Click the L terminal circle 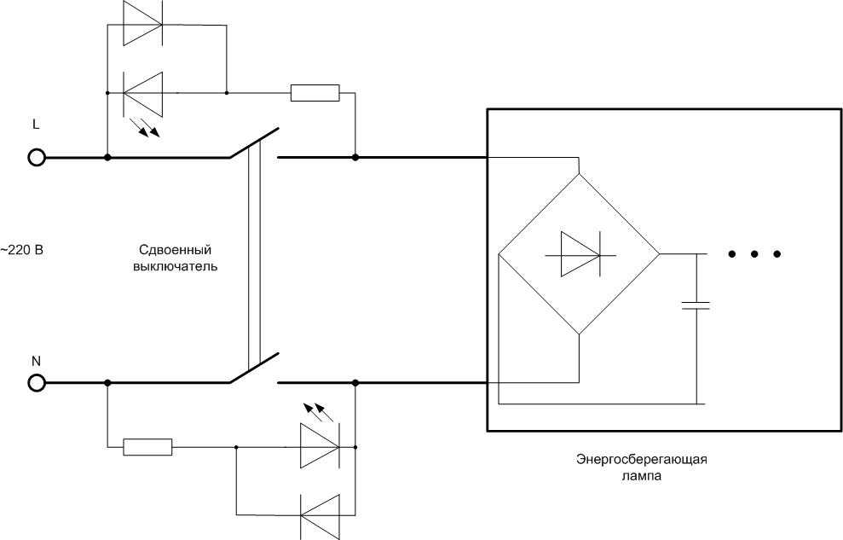(37, 158)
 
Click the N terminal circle (37, 383)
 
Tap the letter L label (36, 125)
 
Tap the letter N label (36, 362)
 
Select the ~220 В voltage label (21, 250)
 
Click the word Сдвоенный (176, 250)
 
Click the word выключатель (176, 266)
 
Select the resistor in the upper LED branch (315, 93)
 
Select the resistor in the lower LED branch (147, 447)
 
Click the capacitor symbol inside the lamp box (696, 305)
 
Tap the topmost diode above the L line (142, 24)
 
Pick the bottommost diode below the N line (320, 516)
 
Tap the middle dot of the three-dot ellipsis (754, 254)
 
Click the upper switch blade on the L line (254, 143)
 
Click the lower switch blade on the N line (254, 368)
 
